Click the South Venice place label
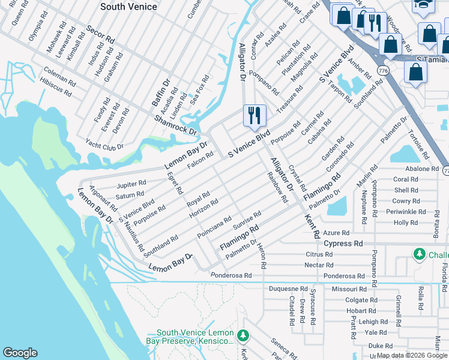pos(129,7)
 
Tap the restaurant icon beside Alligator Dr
pos(254,114)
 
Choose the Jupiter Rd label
pos(131,184)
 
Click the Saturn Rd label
pos(130,195)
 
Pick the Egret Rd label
pos(175,182)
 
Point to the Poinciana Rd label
pos(214,228)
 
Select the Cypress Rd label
pos(343,244)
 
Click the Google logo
pos(20,353)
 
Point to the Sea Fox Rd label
pos(199,88)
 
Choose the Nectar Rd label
pos(319,265)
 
